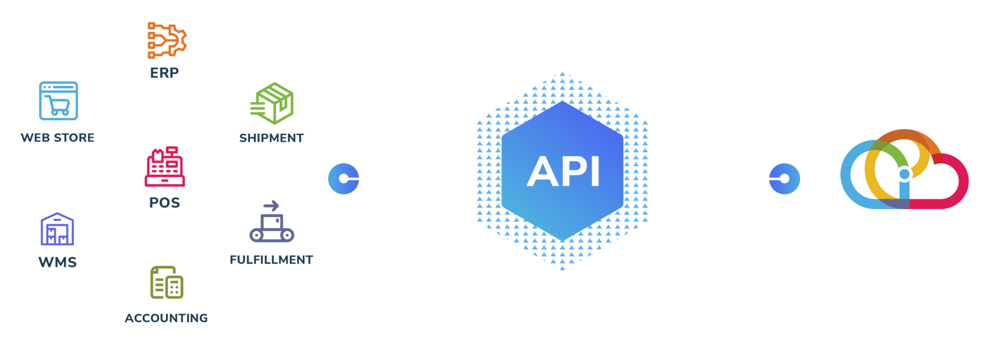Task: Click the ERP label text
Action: click(x=164, y=73)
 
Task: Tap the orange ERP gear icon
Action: click(x=167, y=40)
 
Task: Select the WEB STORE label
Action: click(x=57, y=138)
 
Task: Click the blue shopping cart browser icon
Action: click(x=58, y=101)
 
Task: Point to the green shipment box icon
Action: click(x=272, y=103)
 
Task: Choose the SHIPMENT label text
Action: click(x=271, y=138)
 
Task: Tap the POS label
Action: click(x=164, y=202)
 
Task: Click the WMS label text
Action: click(x=57, y=262)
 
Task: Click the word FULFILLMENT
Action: click(x=271, y=260)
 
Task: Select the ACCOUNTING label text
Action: click(x=166, y=318)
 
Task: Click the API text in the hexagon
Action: click(x=563, y=172)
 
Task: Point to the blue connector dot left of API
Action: click(x=344, y=179)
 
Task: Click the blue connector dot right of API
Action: click(x=784, y=179)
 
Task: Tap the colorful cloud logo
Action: click(x=904, y=170)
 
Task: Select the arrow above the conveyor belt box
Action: click(x=271, y=205)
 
